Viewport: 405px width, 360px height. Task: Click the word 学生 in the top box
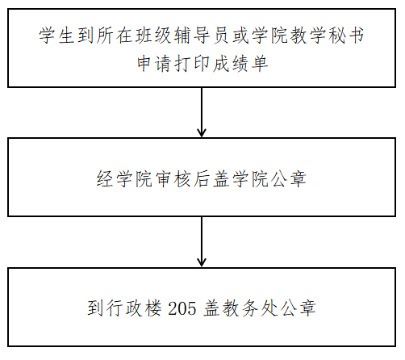pyautogui.click(x=57, y=36)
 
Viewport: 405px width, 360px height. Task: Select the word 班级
pyautogui.click(x=153, y=36)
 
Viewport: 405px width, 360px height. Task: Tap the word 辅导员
pyautogui.click(x=202, y=36)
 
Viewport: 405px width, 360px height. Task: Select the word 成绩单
pyautogui.click(x=240, y=64)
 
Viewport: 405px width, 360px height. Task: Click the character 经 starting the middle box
pyautogui.click(x=105, y=178)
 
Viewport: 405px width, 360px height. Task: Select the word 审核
pyautogui.click(x=173, y=178)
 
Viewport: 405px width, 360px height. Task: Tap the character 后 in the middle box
pyautogui.click(x=202, y=178)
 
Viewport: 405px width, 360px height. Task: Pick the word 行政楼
pyautogui.click(x=134, y=308)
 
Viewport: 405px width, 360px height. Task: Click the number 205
pyautogui.click(x=182, y=308)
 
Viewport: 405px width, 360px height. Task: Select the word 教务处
pyautogui.click(x=251, y=308)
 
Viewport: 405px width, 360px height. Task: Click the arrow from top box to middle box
pyautogui.click(x=202, y=112)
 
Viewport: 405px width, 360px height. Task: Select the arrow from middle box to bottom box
pyautogui.click(x=202, y=241)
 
